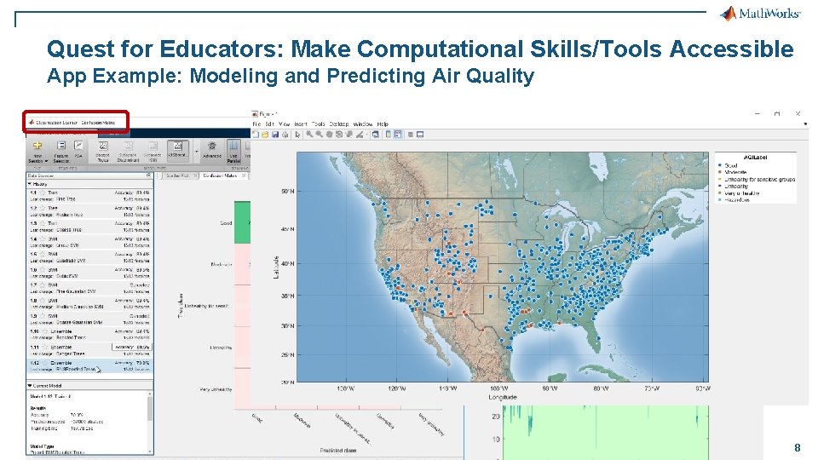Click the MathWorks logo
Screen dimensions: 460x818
tap(759, 13)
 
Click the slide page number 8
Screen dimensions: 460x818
tap(797, 448)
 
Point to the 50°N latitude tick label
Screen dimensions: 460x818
tap(287, 193)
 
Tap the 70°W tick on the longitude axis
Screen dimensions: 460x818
tap(653, 388)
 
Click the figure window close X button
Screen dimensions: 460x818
tap(798, 113)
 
